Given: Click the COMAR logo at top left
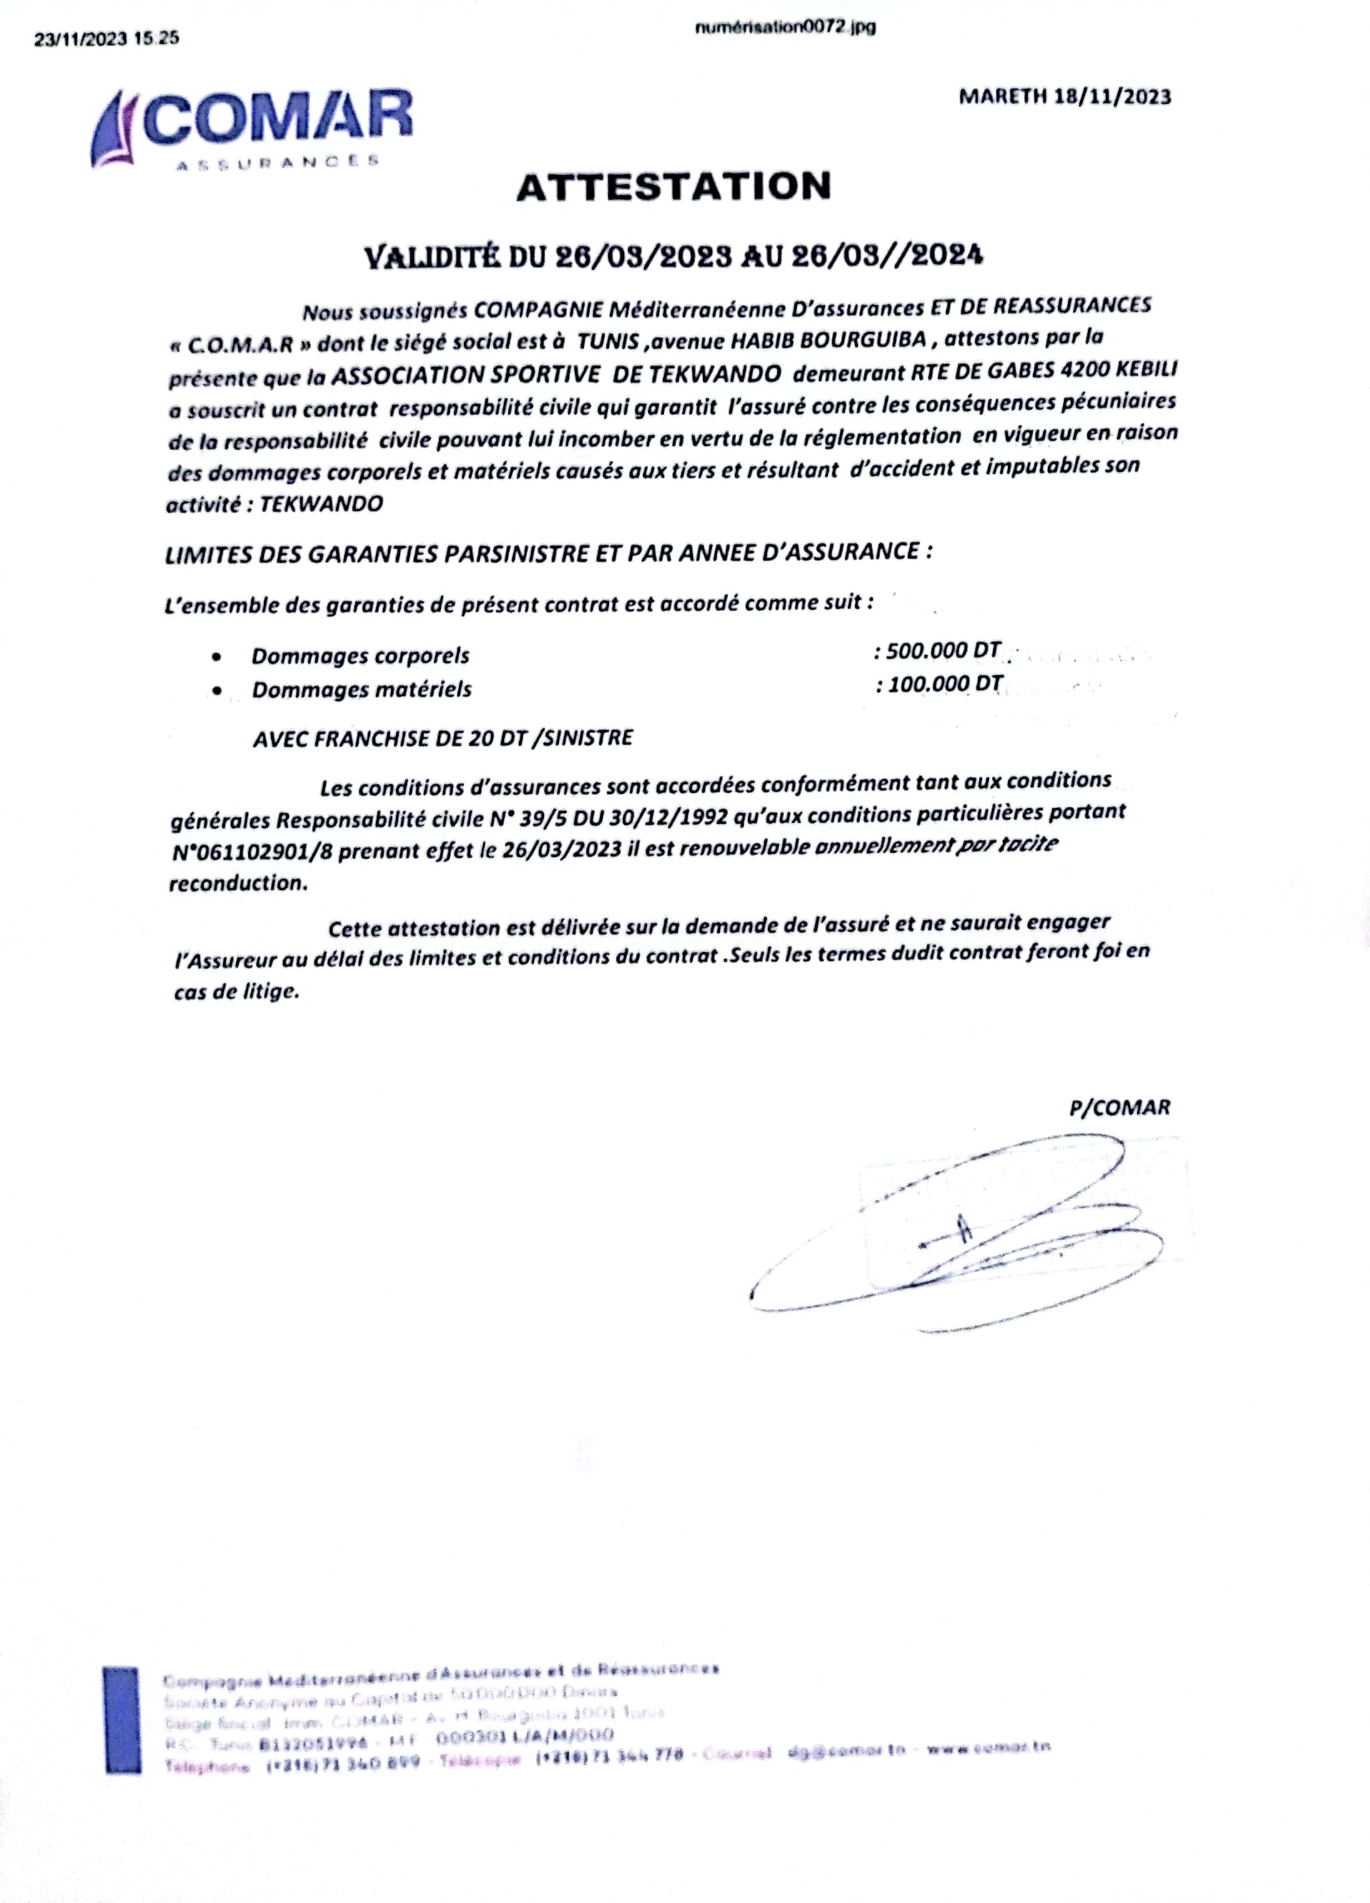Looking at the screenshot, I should point(252,130).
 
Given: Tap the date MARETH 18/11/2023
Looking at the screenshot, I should point(1064,97).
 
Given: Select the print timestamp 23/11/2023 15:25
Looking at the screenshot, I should point(107,39).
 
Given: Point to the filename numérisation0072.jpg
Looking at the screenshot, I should point(785,27).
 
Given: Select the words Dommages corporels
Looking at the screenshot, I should point(360,655).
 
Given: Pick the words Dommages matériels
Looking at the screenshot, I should point(362,690).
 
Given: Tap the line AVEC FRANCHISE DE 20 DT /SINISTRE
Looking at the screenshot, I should point(442,738).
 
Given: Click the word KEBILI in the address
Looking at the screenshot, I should point(1141,370).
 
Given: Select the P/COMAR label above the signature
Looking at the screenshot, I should point(1119,1107).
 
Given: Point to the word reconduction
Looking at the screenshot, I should point(238,884).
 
